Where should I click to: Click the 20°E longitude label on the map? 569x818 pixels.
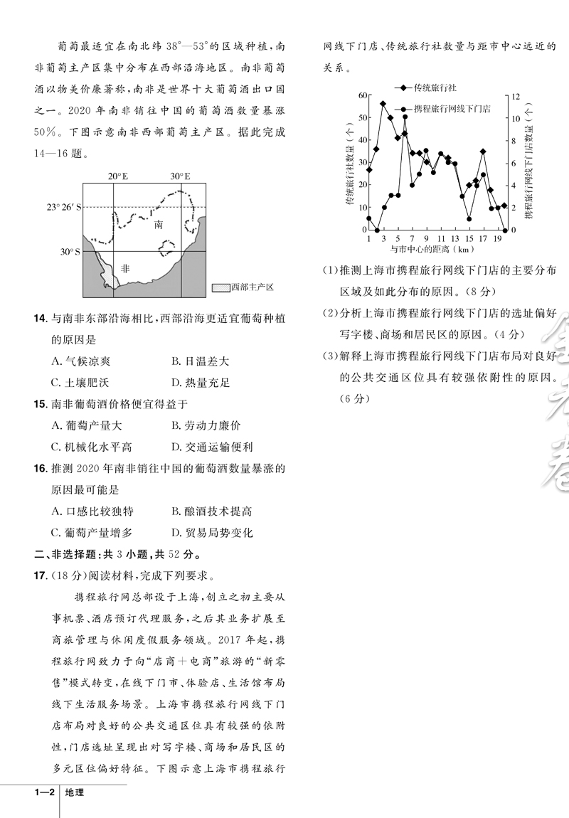(x=118, y=176)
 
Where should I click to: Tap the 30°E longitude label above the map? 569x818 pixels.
(x=179, y=176)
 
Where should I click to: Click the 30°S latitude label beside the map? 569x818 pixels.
(x=70, y=251)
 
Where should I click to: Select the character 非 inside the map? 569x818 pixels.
(x=125, y=269)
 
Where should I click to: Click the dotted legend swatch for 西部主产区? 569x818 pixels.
(x=220, y=287)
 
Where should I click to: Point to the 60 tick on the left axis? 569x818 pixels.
(x=363, y=95)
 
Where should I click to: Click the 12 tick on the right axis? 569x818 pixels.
(x=516, y=95)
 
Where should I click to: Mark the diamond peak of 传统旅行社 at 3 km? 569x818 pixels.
(x=383, y=104)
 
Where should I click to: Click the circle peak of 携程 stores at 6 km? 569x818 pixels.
(x=405, y=133)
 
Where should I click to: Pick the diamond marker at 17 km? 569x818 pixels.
(x=483, y=152)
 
